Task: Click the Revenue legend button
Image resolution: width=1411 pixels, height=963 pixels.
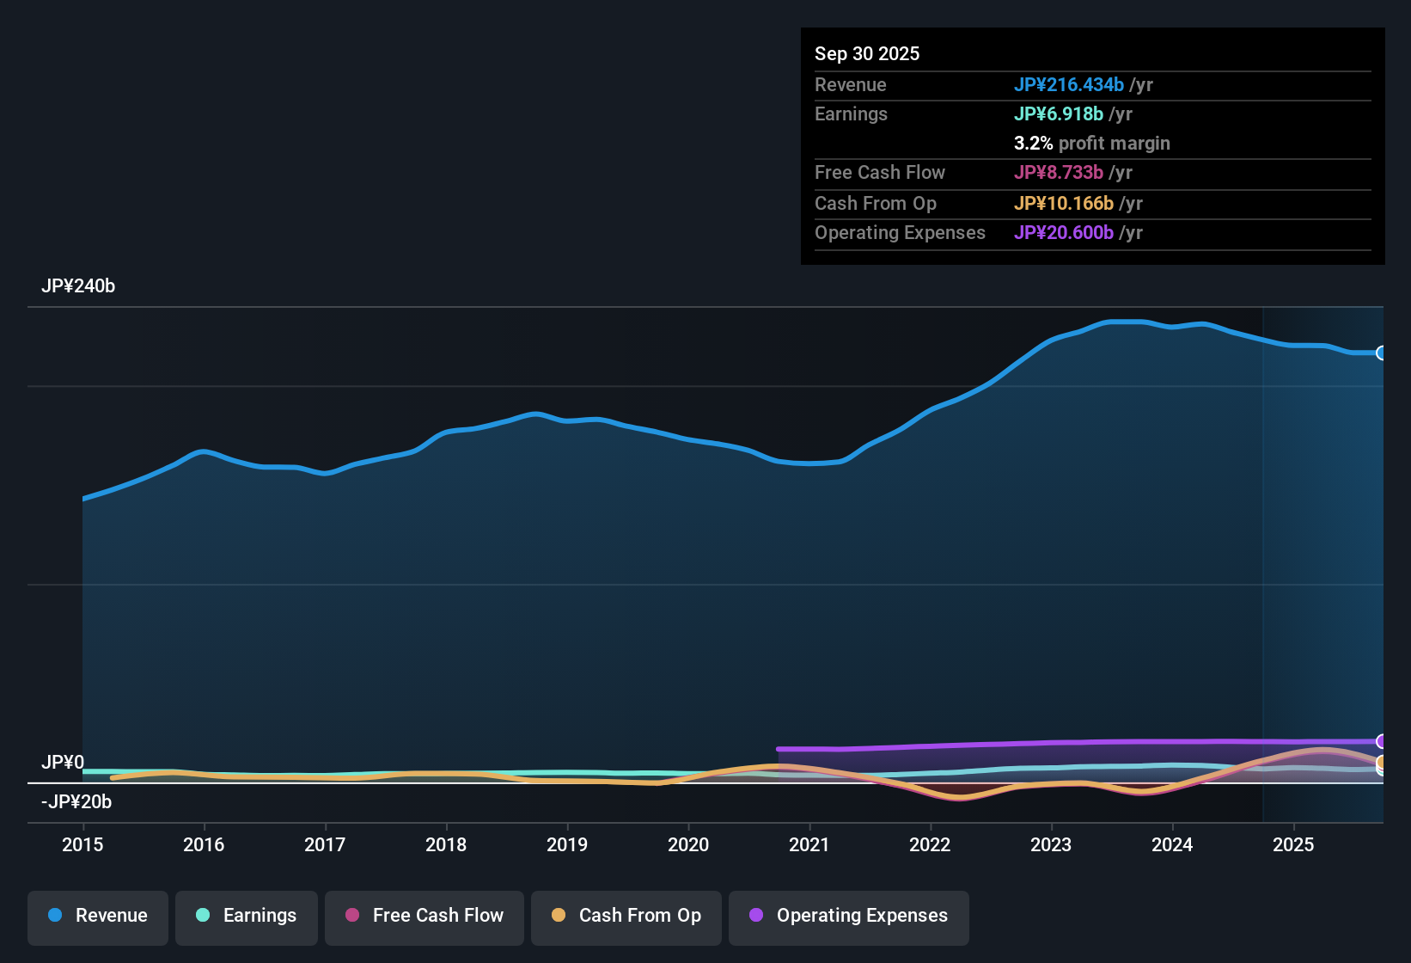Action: click(x=98, y=916)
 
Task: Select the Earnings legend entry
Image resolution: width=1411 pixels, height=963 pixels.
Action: click(x=247, y=916)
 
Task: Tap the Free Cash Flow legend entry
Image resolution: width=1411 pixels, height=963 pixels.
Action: click(x=425, y=916)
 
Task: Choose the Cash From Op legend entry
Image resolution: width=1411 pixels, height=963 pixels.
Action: click(x=626, y=916)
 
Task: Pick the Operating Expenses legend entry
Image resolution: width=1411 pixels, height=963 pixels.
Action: click(x=849, y=916)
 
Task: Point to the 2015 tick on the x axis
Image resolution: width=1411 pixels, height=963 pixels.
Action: click(x=82, y=844)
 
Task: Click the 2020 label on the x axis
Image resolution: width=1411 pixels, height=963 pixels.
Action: click(x=688, y=844)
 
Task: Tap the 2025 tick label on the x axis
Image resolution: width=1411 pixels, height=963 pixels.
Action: click(x=1293, y=844)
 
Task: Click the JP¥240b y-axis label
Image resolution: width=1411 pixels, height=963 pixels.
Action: click(x=78, y=286)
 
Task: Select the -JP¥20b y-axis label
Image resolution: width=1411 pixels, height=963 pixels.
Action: click(x=76, y=802)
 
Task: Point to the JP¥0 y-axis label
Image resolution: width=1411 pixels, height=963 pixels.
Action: click(x=63, y=763)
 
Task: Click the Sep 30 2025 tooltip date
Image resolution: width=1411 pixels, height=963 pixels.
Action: click(x=867, y=54)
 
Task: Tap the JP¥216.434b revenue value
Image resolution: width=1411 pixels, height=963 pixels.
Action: click(x=1068, y=85)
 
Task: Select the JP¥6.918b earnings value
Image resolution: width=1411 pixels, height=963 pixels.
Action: click(x=1058, y=114)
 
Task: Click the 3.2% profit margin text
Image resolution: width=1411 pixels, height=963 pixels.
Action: click(x=1091, y=144)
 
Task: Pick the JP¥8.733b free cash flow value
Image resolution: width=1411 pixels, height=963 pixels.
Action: click(x=1058, y=173)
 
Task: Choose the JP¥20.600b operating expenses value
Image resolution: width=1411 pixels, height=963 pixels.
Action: click(x=1063, y=233)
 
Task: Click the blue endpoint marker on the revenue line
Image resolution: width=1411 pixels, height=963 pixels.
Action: click(x=1381, y=353)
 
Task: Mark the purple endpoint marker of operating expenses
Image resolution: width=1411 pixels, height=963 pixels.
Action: click(x=1381, y=741)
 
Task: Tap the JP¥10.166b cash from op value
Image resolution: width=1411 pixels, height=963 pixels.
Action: click(x=1063, y=204)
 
